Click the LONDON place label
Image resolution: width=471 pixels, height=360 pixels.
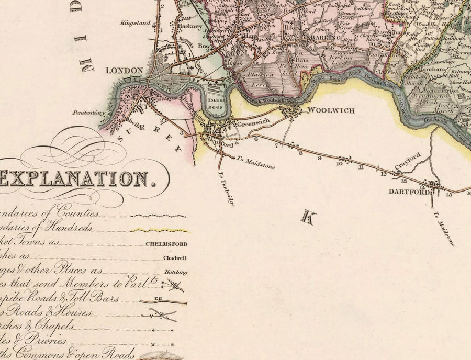(124, 71)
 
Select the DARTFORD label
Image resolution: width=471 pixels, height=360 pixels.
(406, 192)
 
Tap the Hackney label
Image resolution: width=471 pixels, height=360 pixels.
(192, 26)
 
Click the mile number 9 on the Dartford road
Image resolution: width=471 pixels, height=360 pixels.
(319, 157)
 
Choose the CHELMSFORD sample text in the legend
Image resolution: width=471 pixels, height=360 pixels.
(167, 244)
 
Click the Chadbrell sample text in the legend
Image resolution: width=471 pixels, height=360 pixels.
(175, 258)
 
